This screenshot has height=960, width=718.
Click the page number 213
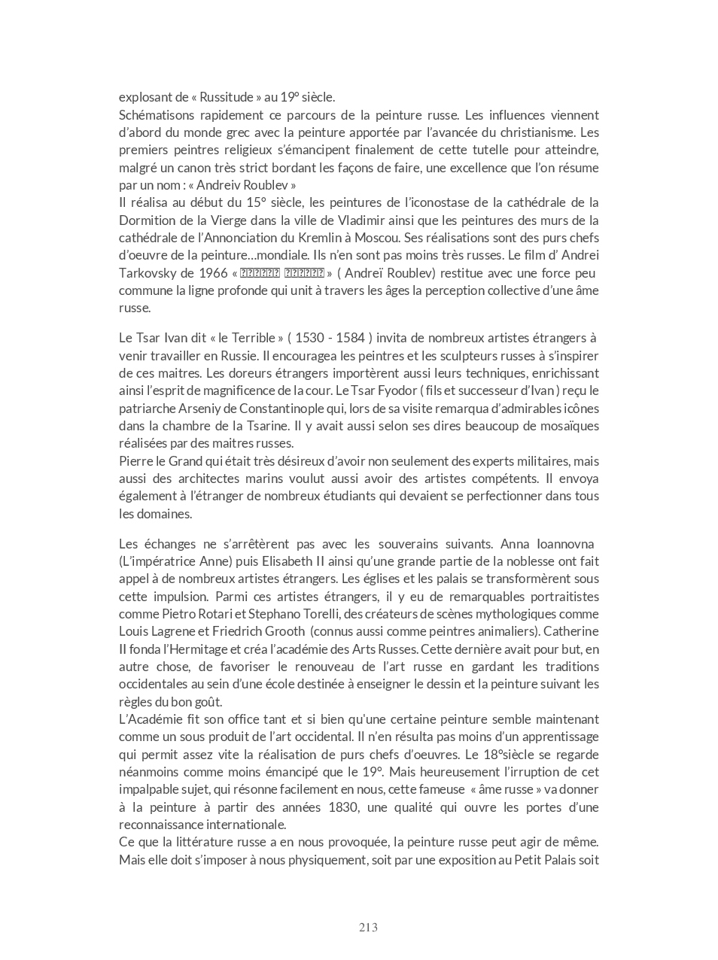pyautogui.click(x=368, y=927)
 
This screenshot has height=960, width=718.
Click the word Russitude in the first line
pyautogui.click(x=229, y=97)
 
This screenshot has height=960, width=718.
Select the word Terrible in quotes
pyautogui.click(x=251, y=338)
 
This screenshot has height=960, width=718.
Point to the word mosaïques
pyautogui.click(x=570, y=426)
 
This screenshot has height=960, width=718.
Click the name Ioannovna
pyautogui.click(x=555, y=544)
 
